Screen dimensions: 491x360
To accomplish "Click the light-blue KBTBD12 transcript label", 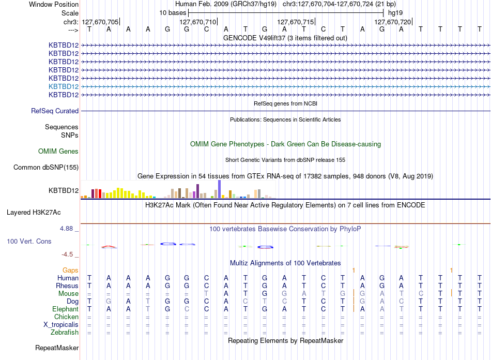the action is (x=64, y=86).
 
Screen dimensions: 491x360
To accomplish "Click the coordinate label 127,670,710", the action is (x=197, y=22).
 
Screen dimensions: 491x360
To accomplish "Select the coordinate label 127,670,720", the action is (x=393, y=22).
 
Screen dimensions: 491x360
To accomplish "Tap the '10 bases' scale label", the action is (x=173, y=13).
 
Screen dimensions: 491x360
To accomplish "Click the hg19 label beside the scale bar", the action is (x=395, y=13).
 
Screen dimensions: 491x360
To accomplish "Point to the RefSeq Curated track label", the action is (x=55, y=111).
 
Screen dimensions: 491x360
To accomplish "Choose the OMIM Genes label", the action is (x=58, y=152).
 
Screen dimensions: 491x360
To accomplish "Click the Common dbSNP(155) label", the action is (x=46, y=167).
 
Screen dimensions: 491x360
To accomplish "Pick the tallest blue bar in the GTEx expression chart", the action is (x=220, y=189).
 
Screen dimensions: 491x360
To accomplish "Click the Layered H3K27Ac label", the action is (x=34, y=213).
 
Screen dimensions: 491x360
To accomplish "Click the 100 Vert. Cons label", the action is (x=29, y=241).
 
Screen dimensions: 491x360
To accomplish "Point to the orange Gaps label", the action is (x=70, y=270).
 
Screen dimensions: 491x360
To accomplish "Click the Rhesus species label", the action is (x=67, y=286).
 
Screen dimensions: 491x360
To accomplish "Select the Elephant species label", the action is (x=65, y=309).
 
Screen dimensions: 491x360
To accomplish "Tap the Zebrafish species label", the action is (x=65, y=333).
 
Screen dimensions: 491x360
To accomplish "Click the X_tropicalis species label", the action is (x=61, y=325).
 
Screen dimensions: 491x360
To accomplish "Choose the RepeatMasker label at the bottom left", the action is (x=57, y=348).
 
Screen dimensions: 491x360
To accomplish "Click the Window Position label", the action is (x=54, y=4).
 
